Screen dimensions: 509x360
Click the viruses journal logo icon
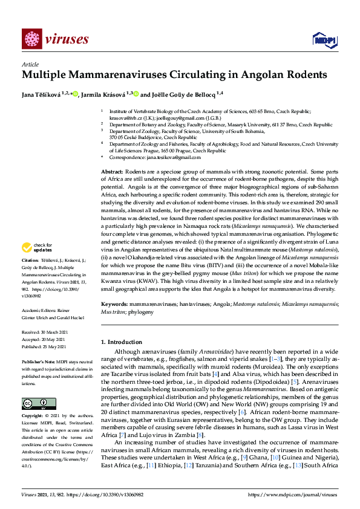(31, 39)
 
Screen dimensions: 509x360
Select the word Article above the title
(30, 64)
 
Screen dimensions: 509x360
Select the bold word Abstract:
(113, 173)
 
